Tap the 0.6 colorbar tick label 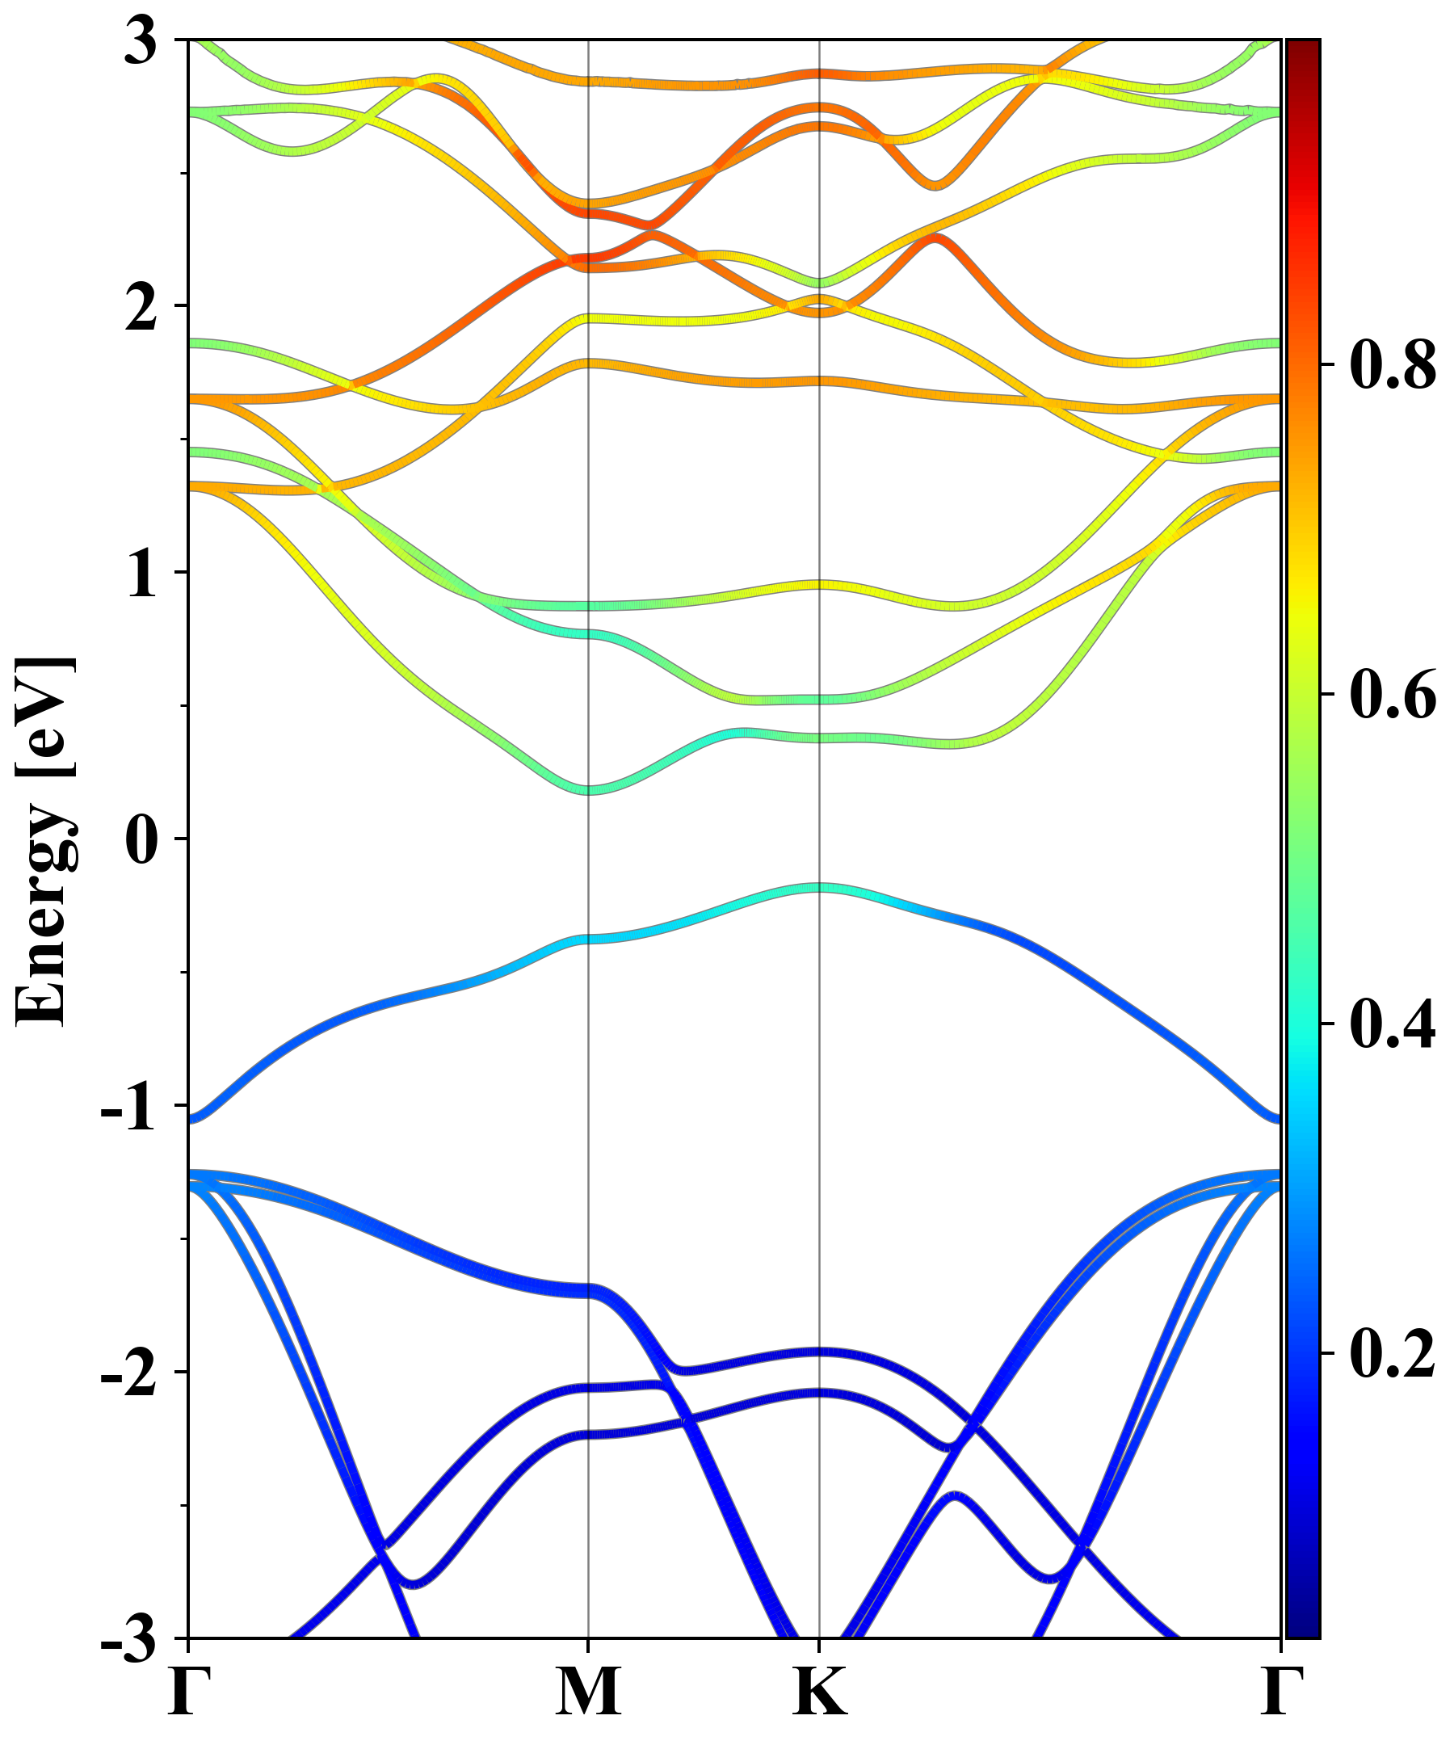coord(1393,694)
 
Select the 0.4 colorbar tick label coord(1393,1024)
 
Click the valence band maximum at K coord(820,888)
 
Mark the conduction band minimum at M coord(588,789)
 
